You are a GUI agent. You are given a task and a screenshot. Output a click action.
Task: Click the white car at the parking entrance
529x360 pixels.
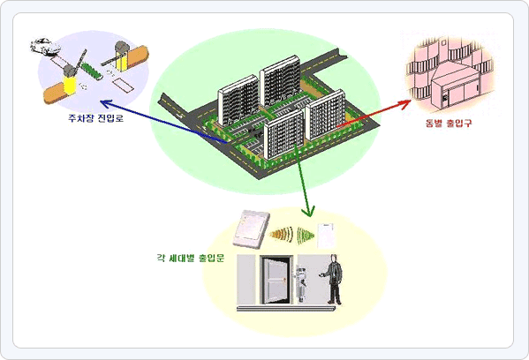(x=45, y=46)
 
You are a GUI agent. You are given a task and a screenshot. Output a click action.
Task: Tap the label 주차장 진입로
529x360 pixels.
(x=96, y=118)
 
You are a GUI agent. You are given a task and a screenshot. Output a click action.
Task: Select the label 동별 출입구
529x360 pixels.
(x=449, y=123)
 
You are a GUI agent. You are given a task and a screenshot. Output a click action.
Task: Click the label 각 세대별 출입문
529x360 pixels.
(x=191, y=259)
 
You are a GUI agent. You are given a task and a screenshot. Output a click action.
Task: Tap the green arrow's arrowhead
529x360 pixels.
(x=308, y=211)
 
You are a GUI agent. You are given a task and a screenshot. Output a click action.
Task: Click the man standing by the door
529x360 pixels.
(x=334, y=280)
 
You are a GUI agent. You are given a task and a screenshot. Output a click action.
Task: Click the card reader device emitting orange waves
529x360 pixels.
(x=251, y=229)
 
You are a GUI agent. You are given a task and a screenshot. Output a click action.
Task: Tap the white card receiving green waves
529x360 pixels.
(x=326, y=236)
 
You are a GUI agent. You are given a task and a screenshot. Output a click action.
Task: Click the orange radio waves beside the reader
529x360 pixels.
(x=281, y=235)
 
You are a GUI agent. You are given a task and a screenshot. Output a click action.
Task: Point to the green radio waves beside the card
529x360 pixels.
(x=306, y=236)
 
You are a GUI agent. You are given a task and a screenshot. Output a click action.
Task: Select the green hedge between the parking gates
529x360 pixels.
(x=92, y=71)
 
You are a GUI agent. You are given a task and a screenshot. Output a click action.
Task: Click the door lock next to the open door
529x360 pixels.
(x=301, y=282)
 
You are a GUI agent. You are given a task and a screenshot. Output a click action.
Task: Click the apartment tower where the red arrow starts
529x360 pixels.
(x=325, y=116)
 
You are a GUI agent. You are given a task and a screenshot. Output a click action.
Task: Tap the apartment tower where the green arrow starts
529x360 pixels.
(x=283, y=135)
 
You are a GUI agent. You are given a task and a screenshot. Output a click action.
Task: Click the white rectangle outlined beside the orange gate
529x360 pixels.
(x=123, y=85)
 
